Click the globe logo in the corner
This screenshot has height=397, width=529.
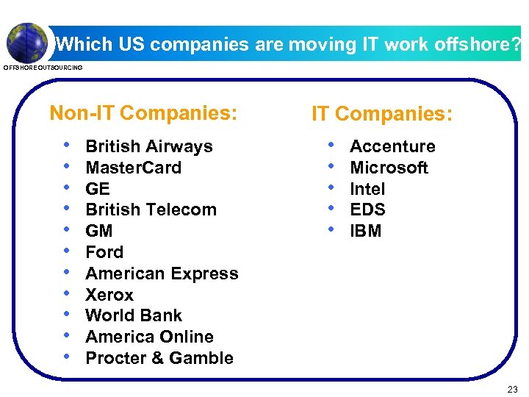(26, 43)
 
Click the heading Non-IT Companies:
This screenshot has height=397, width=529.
(143, 113)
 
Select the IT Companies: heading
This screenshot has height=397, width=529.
(382, 114)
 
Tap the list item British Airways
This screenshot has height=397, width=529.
(149, 146)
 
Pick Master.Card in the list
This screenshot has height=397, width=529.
(133, 168)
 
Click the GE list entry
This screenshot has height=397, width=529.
(97, 189)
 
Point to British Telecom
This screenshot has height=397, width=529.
(151, 210)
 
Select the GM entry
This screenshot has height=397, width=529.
(98, 231)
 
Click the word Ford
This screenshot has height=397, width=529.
(104, 252)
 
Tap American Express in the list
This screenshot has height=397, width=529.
(162, 273)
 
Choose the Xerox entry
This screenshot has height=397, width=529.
(109, 295)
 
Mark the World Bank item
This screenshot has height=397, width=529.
(134, 315)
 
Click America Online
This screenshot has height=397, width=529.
(149, 337)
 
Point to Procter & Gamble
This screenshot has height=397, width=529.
(159, 358)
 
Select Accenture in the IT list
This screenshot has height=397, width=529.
(392, 146)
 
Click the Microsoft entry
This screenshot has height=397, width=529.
(389, 168)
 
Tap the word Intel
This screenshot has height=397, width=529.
(367, 189)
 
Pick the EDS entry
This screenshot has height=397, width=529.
(367, 210)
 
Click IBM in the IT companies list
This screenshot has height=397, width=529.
(365, 231)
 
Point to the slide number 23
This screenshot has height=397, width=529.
(512, 389)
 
